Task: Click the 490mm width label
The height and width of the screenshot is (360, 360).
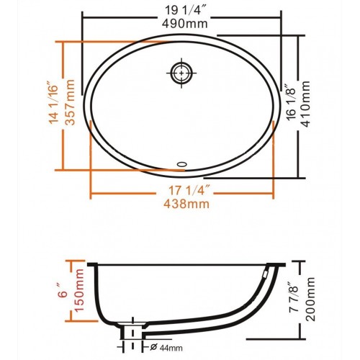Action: point(184,24)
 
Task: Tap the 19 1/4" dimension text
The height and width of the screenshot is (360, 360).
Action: point(184,11)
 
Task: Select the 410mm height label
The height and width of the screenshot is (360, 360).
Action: point(306,104)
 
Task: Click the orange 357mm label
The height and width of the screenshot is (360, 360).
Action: point(70,102)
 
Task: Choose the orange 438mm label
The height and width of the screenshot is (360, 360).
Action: point(186,204)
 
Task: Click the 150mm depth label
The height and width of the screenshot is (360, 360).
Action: point(79,290)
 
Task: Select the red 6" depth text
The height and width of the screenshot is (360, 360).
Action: point(63,292)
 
